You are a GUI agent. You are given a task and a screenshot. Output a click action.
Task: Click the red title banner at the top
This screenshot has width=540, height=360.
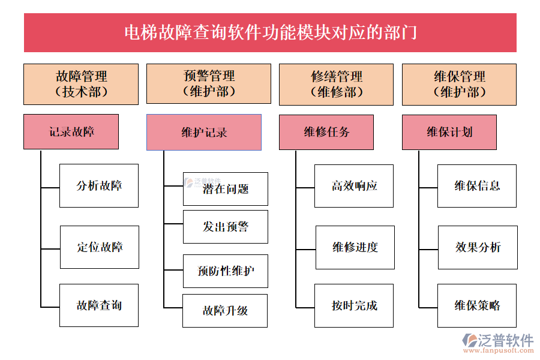tap(270, 32)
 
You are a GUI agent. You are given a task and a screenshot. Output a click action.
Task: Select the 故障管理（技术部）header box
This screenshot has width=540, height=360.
tap(81, 84)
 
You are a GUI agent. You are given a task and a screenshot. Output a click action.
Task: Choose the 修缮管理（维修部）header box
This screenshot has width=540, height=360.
tap(336, 84)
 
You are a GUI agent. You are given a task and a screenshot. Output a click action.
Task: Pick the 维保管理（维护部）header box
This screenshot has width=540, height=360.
tap(459, 84)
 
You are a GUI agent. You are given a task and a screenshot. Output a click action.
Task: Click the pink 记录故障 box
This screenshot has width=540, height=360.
tap(71, 132)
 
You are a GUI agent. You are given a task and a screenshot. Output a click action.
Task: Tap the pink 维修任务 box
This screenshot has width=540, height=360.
tap(326, 132)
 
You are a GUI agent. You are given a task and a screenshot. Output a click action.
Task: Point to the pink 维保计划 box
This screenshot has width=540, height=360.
tap(449, 132)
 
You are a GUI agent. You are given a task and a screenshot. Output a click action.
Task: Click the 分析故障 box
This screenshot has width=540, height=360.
tap(99, 186)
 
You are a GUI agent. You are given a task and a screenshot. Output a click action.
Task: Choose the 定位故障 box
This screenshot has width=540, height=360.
tap(100, 247)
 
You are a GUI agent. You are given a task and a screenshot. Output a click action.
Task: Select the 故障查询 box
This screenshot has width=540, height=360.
tap(99, 305)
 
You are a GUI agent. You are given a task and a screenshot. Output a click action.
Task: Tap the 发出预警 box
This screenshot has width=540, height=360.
tap(225, 227)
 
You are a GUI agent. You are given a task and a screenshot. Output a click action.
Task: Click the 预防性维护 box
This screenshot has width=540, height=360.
tap(225, 271)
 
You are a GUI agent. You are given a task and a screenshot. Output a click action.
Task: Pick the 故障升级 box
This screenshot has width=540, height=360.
tap(225, 311)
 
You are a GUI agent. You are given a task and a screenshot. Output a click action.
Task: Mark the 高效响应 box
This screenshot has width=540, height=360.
tap(354, 186)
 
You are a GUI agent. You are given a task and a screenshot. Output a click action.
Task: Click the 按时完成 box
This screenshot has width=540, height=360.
tap(354, 305)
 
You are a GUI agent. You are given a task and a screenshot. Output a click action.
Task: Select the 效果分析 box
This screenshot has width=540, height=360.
tap(478, 247)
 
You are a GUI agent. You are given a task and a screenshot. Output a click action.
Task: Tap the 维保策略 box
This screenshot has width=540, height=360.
tap(477, 305)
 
